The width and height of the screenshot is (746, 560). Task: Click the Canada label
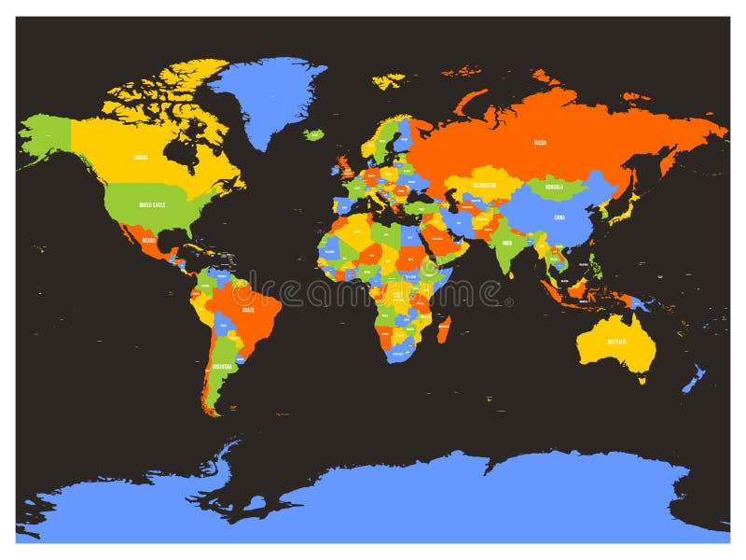pyautogui.click(x=141, y=157)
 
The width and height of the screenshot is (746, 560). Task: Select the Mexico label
pyautogui.click(x=148, y=240)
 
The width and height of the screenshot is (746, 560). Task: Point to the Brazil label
pyautogui.click(x=247, y=308)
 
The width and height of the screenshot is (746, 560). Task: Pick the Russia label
pyautogui.click(x=540, y=143)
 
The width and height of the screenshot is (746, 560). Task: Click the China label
pyautogui.click(x=559, y=219)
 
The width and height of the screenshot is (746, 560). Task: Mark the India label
pyautogui.click(x=506, y=243)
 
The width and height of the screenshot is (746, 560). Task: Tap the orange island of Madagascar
pyautogui.click(x=445, y=329)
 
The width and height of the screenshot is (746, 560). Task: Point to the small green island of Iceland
pyautogui.click(x=314, y=134)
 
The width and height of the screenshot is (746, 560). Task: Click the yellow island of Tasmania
pyautogui.click(x=642, y=379)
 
